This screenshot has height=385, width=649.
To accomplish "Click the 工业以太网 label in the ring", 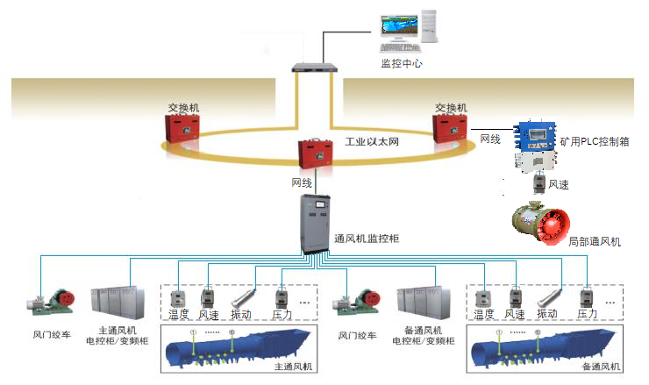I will click(372, 141).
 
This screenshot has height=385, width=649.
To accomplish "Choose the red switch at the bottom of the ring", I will click(313, 155).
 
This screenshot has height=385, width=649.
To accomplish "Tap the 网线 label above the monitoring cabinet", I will click(302, 183).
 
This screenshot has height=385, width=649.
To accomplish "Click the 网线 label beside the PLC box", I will click(490, 139).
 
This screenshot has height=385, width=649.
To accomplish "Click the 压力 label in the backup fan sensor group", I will click(588, 314).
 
